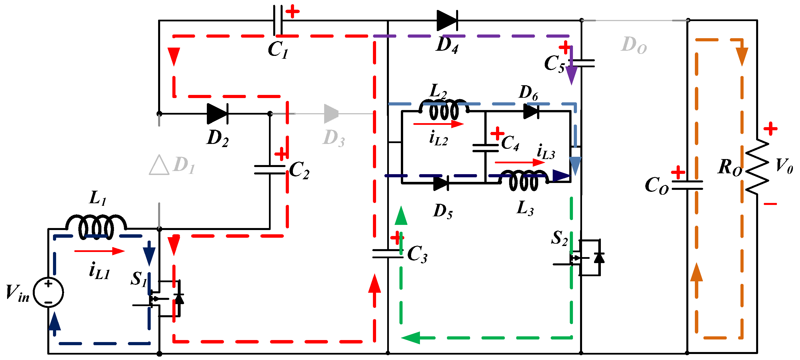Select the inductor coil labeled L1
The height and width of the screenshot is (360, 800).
tap(96, 227)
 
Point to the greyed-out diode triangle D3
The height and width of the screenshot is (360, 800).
tap(331, 114)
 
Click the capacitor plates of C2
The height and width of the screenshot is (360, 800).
tap(270, 170)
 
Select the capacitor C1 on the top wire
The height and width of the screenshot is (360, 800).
tap(278, 21)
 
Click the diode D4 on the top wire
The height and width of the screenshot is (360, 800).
tap(447, 21)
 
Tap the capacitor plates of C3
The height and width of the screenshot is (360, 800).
tap(387, 254)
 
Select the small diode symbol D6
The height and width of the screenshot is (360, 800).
tap(531, 111)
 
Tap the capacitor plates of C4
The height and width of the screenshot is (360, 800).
tap(485, 148)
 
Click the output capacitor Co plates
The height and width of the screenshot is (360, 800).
tap(687, 185)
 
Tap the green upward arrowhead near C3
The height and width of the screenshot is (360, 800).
tap(401, 215)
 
